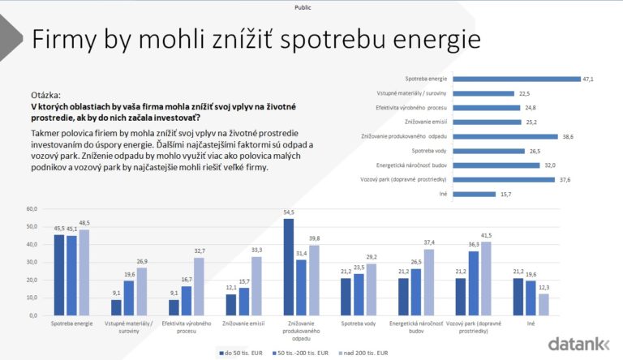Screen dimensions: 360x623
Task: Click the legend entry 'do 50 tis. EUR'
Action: [240, 353]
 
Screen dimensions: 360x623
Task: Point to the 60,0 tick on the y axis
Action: [32, 209]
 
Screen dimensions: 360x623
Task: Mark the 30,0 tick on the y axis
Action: [32, 262]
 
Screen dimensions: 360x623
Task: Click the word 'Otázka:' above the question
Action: [45, 95]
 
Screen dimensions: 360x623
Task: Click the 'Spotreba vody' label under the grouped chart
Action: [359, 324]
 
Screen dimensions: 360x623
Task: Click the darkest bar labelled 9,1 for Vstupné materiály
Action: [116, 306]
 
